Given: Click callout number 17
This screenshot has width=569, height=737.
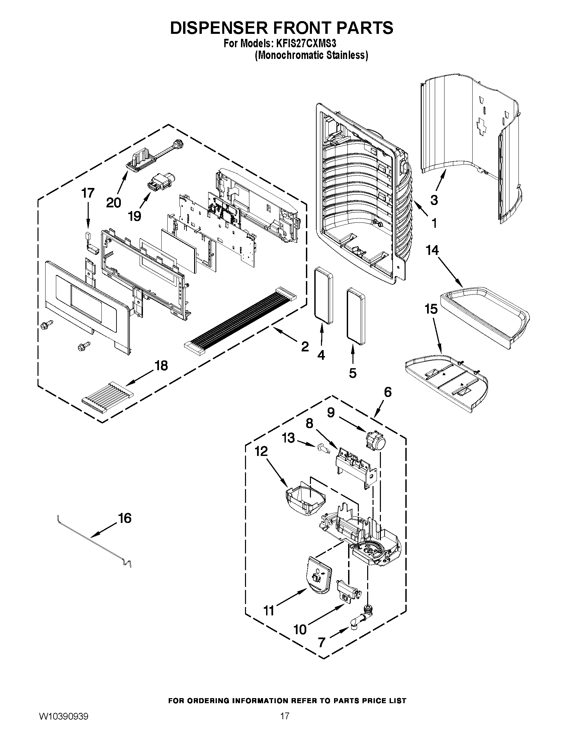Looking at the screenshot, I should pyautogui.click(x=88, y=193).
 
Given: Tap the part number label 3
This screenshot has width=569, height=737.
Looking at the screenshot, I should pyautogui.click(x=434, y=200).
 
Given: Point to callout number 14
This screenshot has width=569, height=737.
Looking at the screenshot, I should pyautogui.click(x=432, y=250).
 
